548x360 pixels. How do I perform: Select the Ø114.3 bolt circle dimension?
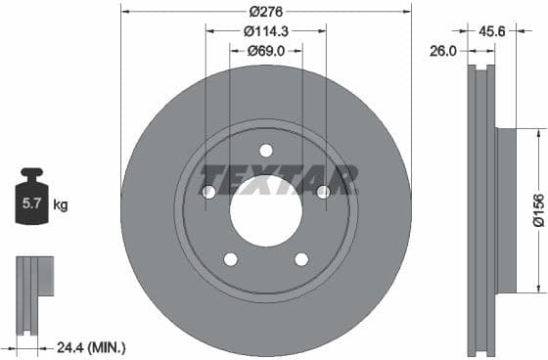point(265,31)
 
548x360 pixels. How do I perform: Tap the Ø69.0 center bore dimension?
point(265,50)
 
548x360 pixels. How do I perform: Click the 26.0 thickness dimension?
point(444,50)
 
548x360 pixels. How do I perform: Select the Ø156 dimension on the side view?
point(537,209)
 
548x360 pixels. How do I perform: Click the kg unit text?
point(61,205)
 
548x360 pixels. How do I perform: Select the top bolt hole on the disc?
point(265,150)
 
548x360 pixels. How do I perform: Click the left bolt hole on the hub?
point(208,192)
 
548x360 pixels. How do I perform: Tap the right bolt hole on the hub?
point(323,192)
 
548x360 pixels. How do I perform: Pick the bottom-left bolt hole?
point(230,258)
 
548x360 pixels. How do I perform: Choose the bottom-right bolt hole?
point(301,258)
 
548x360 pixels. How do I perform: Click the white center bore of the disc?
point(265,211)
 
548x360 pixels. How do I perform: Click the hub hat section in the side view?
point(506,209)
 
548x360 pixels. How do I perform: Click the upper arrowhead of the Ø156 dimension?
point(537,131)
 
